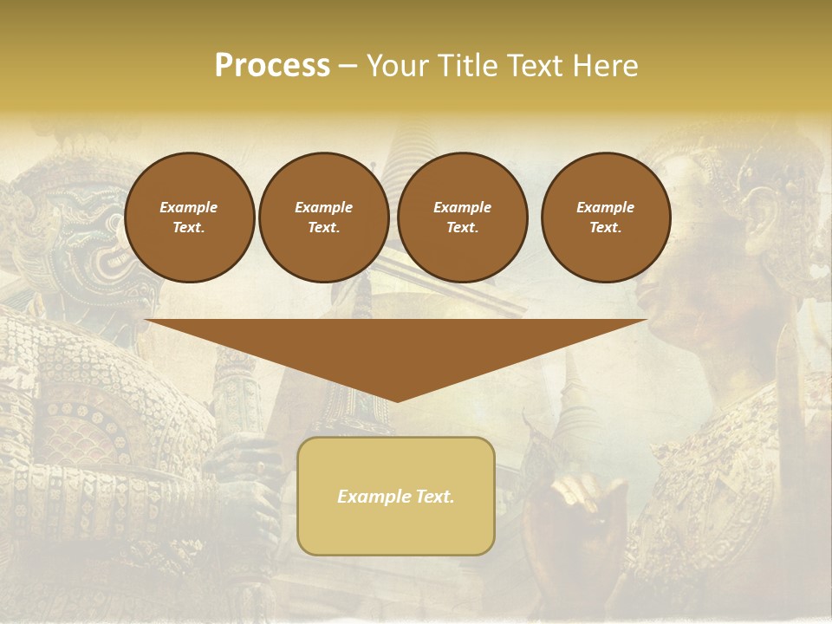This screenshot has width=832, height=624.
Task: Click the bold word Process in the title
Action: pos(272,66)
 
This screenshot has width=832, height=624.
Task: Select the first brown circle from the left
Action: pos(189,217)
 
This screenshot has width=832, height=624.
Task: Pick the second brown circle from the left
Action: pos(323,217)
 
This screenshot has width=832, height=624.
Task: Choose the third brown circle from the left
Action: pos(462,217)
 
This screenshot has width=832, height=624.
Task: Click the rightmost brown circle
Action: pos(605,217)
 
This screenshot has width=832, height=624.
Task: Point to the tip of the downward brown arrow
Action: pos(396,400)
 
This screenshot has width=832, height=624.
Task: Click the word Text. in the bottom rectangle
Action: pos(434,497)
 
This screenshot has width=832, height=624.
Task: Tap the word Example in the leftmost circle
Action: pos(189,207)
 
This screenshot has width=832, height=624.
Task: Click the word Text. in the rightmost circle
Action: pos(605,227)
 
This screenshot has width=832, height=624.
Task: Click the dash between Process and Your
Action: pos(348,67)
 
